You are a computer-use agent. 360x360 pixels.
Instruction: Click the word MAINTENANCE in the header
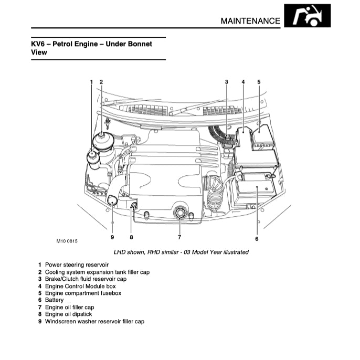tap(250, 21)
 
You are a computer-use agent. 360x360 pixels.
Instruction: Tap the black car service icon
tap(307, 16)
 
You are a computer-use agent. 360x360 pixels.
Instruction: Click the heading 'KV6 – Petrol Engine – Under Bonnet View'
tap(92, 48)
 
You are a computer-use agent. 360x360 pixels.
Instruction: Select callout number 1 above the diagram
tap(91, 82)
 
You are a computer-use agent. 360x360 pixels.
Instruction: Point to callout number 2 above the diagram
tap(101, 82)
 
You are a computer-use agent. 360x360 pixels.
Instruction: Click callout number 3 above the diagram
tap(227, 82)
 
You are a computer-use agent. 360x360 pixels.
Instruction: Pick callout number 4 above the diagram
tap(243, 82)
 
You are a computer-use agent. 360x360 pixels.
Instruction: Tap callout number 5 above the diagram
tap(259, 82)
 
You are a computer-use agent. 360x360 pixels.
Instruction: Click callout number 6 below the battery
tap(257, 239)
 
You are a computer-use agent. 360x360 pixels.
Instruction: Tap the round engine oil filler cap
tap(179, 213)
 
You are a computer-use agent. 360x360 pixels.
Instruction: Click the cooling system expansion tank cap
tap(101, 140)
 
